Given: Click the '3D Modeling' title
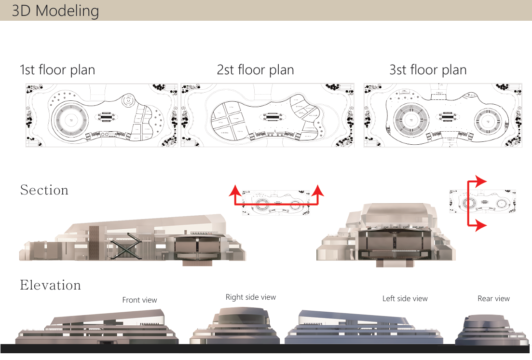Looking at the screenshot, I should (x=55, y=11).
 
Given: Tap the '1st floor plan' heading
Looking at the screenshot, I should (x=57, y=70).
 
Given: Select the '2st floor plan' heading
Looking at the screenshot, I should (x=255, y=70).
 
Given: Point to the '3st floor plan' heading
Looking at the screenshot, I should (x=428, y=70).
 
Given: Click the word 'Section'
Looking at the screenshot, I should (x=44, y=190).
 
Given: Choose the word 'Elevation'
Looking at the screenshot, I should (x=50, y=285).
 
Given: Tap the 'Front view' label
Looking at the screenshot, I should (x=139, y=300).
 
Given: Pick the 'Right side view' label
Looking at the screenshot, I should (x=251, y=297).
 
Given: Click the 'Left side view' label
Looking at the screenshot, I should (x=405, y=299).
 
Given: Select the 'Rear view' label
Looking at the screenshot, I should (x=493, y=299).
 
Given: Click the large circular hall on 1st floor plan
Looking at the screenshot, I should (x=70, y=118).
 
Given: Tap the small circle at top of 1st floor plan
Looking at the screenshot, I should (x=128, y=101).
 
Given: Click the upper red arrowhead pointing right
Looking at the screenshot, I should (x=479, y=181).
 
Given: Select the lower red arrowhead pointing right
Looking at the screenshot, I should (x=479, y=225).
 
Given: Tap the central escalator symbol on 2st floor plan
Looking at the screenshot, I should (x=273, y=117).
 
